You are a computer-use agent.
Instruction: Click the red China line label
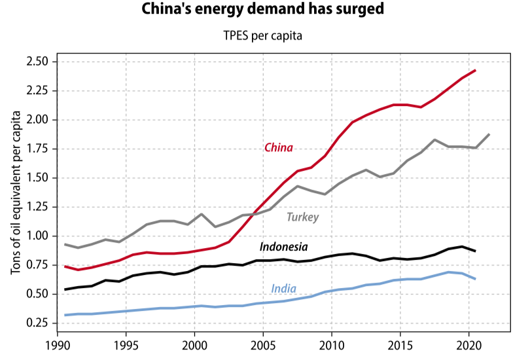(x=278, y=147)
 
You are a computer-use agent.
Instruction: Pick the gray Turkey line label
(x=303, y=217)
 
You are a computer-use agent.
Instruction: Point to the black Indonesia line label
(x=283, y=247)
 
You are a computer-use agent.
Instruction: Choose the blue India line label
(x=283, y=289)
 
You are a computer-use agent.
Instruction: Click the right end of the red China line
(x=476, y=70)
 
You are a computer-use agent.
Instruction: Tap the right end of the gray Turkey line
(x=489, y=134)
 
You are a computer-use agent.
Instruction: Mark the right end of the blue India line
(x=476, y=279)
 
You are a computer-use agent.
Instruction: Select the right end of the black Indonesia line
(x=476, y=251)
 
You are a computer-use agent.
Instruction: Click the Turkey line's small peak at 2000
(x=202, y=214)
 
